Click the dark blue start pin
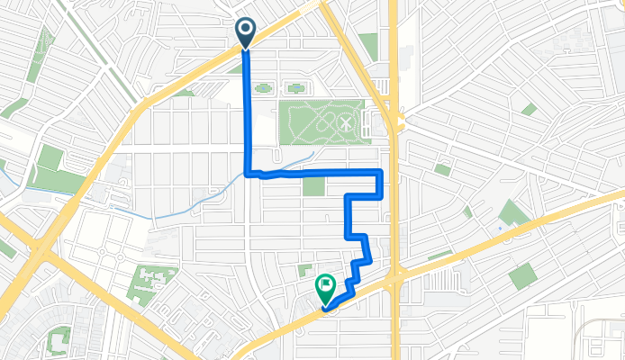tap(245, 32)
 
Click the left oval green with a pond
tap(262, 88)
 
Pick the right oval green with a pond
tap(294, 88)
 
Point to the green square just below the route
tap(313, 186)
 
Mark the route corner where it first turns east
tap(248, 172)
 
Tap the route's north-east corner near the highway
tap(382, 171)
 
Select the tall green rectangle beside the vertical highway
tap(367, 47)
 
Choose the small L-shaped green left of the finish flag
tap(303, 271)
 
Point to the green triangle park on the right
tap(513, 213)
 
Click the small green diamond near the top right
tap(530, 110)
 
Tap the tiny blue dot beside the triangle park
tap(498, 228)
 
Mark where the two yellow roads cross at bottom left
tap(41, 248)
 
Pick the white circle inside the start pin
tap(245, 29)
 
